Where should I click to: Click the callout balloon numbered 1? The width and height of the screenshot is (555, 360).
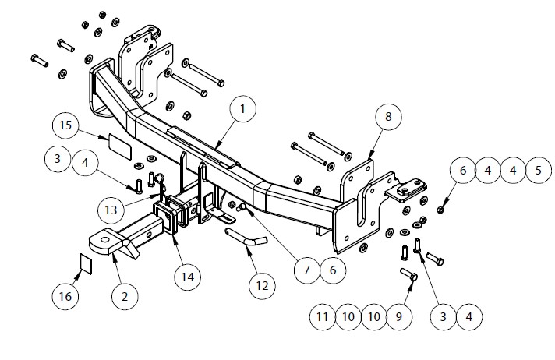pyautogui.click(x=242, y=108)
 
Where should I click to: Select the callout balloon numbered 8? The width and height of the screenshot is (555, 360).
pyautogui.click(x=388, y=117)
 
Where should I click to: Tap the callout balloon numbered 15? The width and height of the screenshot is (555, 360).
pyautogui.click(x=65, y=125)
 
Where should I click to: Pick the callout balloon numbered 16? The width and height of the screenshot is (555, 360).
pyautogui.click(x=65, y=296)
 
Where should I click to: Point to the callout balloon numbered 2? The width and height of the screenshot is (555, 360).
pyautogui.click(x=125, y=297)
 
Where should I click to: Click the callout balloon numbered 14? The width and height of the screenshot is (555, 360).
pyautogui.click(x=188, y=277)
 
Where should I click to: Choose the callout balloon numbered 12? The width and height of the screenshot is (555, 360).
pyautogui.click(x=262, y=286)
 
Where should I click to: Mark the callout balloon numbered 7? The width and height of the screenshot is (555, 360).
pyautogui.click(x=307, y=270)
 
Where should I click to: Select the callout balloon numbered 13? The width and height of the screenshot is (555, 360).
pyautogui.click(x=111, y=210)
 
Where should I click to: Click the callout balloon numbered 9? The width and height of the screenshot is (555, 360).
pyautogui.click(x=399, y=317)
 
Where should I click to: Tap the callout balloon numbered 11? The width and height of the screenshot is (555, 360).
pyautogui.click(x=323, y=317)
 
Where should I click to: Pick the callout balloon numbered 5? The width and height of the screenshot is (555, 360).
pyautogui.click(x=539, y=171)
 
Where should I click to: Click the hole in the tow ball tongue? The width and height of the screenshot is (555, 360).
pyautogui.click(x=105, y=240)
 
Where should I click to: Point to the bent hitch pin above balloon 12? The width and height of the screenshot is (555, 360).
pyautogui.click(x=246, y=236)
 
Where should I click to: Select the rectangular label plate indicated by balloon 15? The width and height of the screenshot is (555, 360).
pyautogui.click(x=119, y=146)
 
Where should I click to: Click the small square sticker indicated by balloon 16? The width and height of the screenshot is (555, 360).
pyautogui.click(x=87, y=263)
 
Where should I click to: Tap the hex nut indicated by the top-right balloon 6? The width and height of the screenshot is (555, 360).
pyautogui.click(x=440, y=210)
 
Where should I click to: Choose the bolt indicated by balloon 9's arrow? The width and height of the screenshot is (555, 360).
pyautogui.click(x=408, y=274)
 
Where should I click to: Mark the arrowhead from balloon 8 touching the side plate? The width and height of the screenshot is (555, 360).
pyautogui.click(x=370, y=156)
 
